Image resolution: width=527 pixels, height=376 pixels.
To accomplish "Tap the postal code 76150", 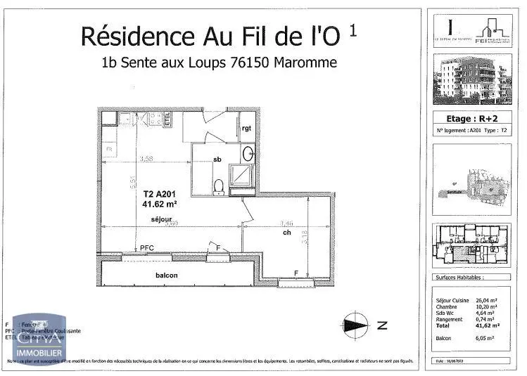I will pos(250,62).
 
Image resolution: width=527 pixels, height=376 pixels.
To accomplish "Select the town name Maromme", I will pos(306,62).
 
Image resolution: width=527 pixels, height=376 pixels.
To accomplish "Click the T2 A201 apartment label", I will pos(158,194).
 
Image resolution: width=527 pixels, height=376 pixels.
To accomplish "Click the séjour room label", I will pos(161,221).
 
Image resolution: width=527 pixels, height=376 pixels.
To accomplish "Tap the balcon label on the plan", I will pos(167,275).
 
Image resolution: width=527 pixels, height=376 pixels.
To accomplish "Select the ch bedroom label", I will pos(287,233).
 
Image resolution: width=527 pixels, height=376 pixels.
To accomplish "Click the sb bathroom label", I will pos(217,160).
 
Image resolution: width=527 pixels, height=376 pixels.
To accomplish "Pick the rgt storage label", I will pos(246,129).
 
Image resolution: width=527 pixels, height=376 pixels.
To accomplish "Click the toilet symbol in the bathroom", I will pos(218,186).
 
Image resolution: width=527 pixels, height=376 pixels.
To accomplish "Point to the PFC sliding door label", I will pos(146,248).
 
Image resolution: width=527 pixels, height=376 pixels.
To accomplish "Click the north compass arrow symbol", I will pos(356,325).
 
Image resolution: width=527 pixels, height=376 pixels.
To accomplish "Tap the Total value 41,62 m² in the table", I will pos(487,326).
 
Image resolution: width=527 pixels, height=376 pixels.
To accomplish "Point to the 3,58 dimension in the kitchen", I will pos(146,158).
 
